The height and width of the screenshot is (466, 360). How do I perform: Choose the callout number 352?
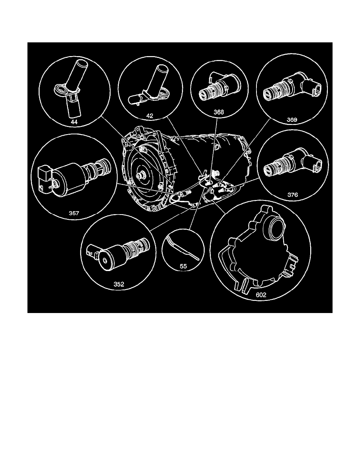tap(119, 285)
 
